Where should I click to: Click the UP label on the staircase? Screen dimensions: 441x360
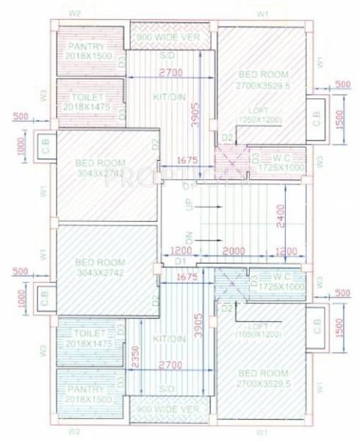point(190,207)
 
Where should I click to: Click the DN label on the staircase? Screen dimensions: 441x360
point(190,240)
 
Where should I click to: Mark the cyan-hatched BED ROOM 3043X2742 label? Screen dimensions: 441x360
point(100,267)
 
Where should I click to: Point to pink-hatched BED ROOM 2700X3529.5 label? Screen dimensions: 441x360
point(263,80)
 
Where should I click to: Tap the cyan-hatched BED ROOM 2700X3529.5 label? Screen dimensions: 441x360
point(263,378)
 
